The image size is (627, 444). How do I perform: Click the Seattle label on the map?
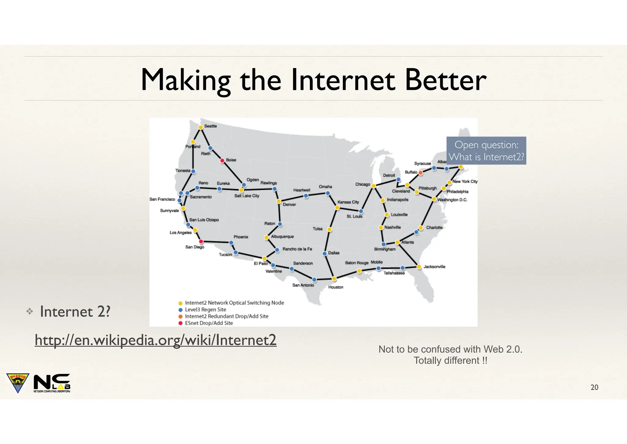tap(210, 126)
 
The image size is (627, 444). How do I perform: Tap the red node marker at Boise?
tap(223, 160)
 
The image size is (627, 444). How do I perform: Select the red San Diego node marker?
tap(201, 242)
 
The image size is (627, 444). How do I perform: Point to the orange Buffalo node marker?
tap(421, 173)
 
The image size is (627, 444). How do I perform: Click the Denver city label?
tap(289, 205)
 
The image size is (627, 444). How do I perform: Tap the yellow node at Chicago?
tap(374, 186)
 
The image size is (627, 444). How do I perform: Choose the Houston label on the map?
tap(336, 287)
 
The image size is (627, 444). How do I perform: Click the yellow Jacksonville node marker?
tap(419, 267)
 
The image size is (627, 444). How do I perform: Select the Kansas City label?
tap(348, 202)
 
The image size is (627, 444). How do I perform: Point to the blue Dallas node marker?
tap(325, 254)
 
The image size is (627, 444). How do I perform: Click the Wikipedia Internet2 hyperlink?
tap(156, 340)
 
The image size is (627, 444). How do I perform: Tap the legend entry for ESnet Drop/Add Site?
tap(209, 323)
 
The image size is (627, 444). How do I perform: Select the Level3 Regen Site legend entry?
tap(205, 310)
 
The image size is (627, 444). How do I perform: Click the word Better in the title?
tap(445, 80)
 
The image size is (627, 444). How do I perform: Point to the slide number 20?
tap(594, 387)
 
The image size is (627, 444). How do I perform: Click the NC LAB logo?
tap(52, 383)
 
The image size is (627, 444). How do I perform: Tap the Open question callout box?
tap(486, 151)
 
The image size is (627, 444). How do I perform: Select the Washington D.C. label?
tap(452, 200)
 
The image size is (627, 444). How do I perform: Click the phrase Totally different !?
tap(450, 361)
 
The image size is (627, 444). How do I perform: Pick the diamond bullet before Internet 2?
tap(30, 312)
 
